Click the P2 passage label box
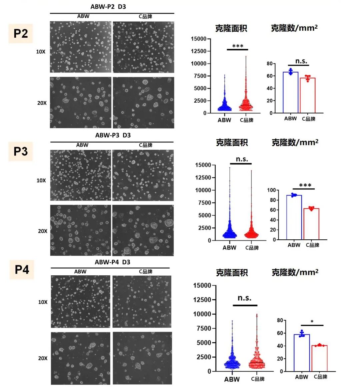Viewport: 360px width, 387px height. (x=21, y=33)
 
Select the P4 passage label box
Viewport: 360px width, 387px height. (x=22, y=269)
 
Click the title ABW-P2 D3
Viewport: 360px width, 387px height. (x=108, y=7)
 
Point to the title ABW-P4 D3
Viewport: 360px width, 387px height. (x=112, y=262)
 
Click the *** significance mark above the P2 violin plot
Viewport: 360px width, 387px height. (x=238, y=46)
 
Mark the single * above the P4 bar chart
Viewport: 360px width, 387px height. (x=312, y=322)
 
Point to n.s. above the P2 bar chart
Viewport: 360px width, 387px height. (x=301, y=61)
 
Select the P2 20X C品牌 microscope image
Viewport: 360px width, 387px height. (x=143, y=103)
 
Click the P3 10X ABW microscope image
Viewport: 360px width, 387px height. (x=80, y=175)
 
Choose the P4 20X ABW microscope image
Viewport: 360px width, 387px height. (x=80, y=358)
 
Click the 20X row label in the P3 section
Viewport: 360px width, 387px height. (x=43, y=231)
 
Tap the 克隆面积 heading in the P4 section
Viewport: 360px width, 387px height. (x=232, y=273)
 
